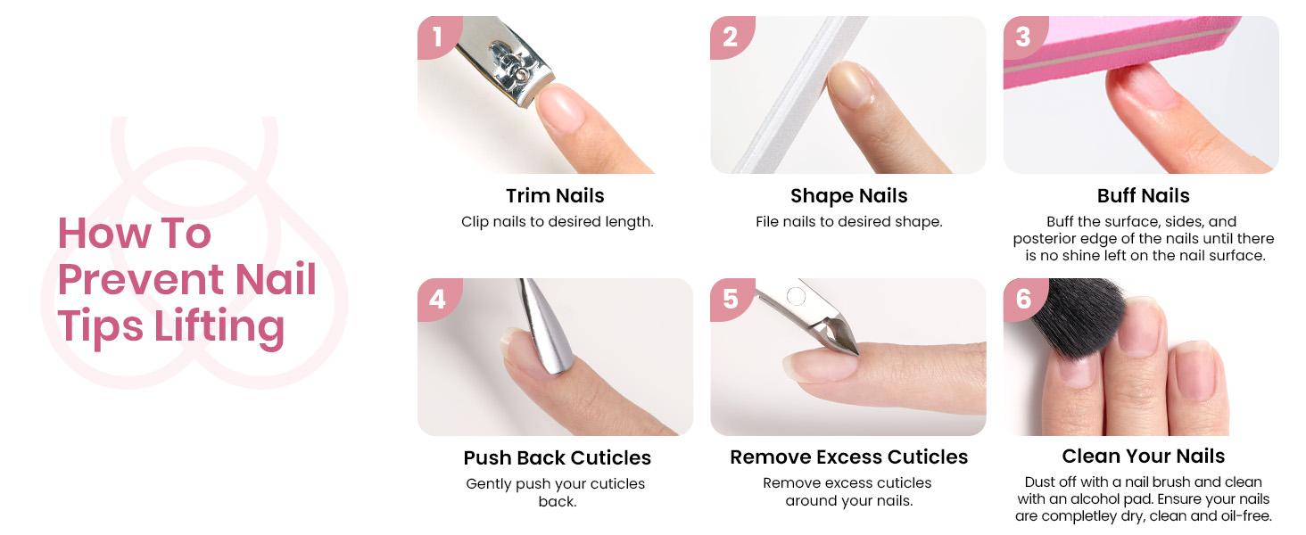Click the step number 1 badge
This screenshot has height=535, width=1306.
click(437, 37)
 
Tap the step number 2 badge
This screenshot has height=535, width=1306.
click(731, 37)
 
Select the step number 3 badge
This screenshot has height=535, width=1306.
click(1023, 37)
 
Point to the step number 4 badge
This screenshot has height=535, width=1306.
click(437, 298)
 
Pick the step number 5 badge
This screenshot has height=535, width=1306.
click(731, 298)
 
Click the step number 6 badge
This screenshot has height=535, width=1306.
click(1023, 298)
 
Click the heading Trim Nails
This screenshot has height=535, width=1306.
click(555, 195)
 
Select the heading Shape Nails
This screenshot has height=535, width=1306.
click(848, 195)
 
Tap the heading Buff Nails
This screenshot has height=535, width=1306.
click(1143, 195)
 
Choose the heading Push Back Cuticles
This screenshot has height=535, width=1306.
click(557, 457)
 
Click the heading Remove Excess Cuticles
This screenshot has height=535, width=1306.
click(848, 457)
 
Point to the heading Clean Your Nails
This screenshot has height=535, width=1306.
click(1143, 456)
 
